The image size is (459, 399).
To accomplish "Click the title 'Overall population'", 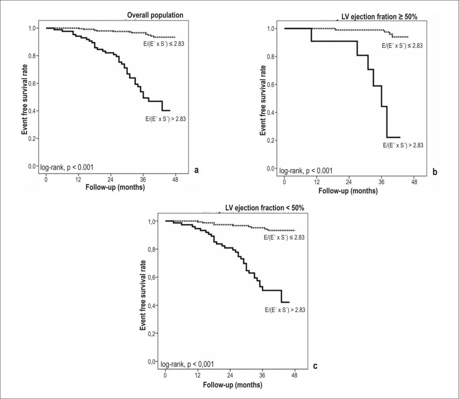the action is (155, 15).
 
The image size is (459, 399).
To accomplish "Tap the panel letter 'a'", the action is (196, 170).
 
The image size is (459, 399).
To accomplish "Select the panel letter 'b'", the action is (435, 172).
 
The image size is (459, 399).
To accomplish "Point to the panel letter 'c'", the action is (315, 366).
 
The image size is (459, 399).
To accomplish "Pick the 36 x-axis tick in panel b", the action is (381, 182).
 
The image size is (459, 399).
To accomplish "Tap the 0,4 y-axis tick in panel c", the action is (151, 305).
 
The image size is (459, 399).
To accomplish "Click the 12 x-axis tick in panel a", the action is (78, 179).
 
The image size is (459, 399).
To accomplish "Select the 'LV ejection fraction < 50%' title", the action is (264, 208).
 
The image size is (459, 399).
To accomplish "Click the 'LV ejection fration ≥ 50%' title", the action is (379, 17).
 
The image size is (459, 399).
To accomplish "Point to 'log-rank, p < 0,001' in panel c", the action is (187, 364).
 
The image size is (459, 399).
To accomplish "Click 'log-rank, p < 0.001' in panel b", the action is (306, 171).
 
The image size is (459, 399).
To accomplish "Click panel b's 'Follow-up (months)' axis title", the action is (348, 191).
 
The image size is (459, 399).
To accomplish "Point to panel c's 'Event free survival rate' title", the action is (143, 295).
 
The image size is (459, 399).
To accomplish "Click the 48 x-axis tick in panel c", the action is (295, 375).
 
